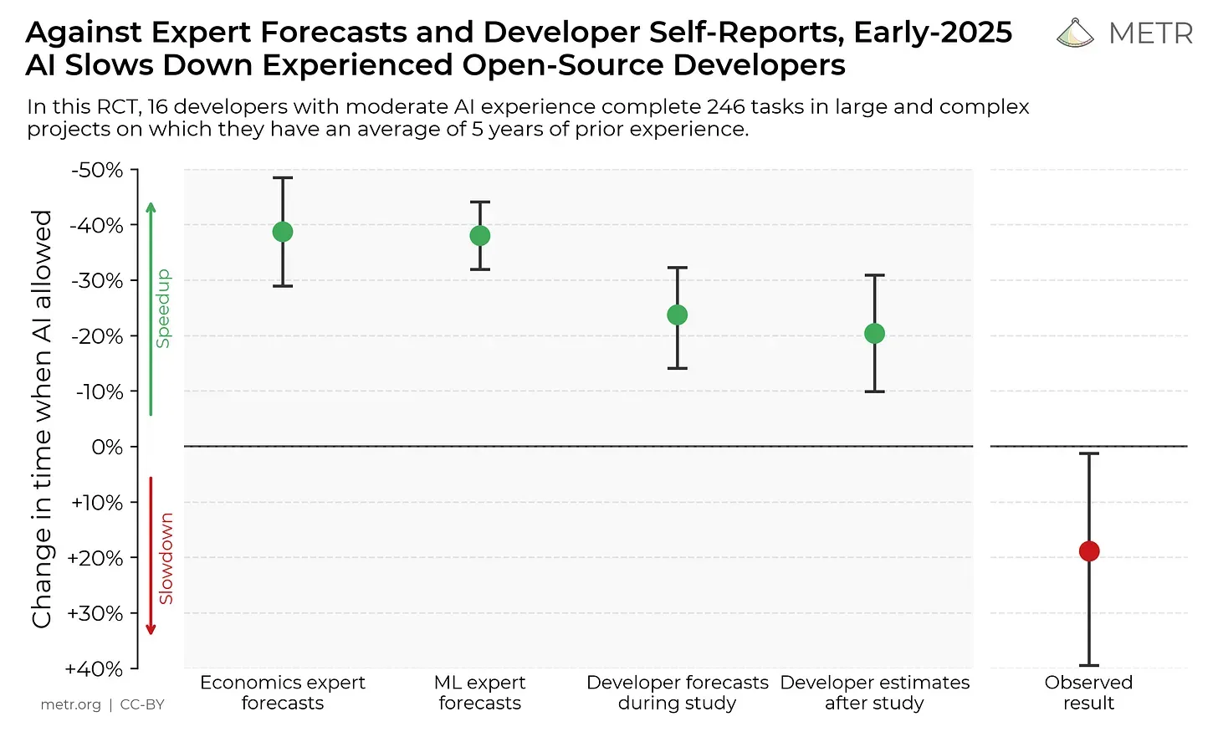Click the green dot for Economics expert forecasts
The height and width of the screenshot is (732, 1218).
(283, 232)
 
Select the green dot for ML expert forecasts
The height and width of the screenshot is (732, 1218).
(480, 236)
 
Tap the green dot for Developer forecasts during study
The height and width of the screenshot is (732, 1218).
(678, 315)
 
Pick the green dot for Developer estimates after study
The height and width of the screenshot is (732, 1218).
(875, 334)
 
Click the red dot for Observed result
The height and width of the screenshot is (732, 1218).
(1089, 551)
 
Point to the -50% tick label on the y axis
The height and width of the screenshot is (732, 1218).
(97, 171)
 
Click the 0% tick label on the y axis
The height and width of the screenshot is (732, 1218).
(107, 448)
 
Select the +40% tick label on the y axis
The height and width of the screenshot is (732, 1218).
(94, 669)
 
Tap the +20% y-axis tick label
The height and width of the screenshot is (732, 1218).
(95, 558)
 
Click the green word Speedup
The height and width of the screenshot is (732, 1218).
(163, 309)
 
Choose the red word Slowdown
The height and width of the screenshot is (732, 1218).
(166, 558)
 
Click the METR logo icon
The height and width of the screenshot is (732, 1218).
(1075, 33)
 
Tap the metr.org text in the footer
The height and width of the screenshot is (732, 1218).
(70, 704)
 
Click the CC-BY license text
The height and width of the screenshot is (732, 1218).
(142, 704)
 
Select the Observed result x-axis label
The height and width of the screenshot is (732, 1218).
(1088, 693)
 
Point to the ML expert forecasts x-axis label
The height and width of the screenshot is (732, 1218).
(480, 693)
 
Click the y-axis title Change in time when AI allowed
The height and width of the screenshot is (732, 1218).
(42, 418)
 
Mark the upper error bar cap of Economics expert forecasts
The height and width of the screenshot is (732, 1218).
(283, 178)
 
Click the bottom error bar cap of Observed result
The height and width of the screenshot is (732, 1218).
(1089, 665)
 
